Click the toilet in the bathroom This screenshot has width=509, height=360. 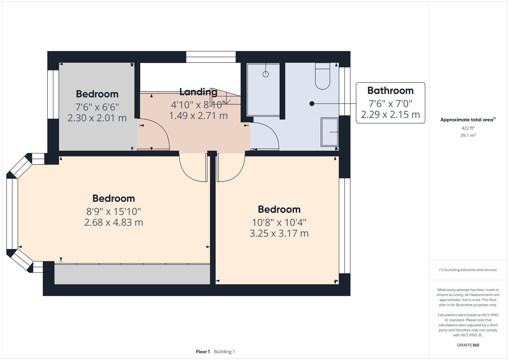(322, 76)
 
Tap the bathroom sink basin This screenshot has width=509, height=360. (330, 132)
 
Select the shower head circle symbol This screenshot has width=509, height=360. (266, 74)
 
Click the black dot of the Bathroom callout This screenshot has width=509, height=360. (312, 104)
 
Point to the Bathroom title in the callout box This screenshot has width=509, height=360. (390, 91)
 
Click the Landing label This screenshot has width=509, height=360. (198, 92)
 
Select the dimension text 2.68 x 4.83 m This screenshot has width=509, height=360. (114, 223)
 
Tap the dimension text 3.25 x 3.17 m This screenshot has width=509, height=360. (279, 233)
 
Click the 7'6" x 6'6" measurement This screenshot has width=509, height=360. (97, 107)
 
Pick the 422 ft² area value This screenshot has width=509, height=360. (468, 128)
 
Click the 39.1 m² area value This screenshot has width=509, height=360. (468, 135)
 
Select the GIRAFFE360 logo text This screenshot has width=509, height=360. (468, 345)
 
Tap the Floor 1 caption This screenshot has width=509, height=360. (203, 352)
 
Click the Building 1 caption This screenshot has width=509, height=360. (224, 352)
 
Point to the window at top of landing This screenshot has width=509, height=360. (211, 57)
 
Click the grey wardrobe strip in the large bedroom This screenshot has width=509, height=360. (132, 274)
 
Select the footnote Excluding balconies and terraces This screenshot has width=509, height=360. (468, 270)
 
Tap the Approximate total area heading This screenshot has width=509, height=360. (468, 120)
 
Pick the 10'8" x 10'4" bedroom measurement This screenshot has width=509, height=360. (279, 223)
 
